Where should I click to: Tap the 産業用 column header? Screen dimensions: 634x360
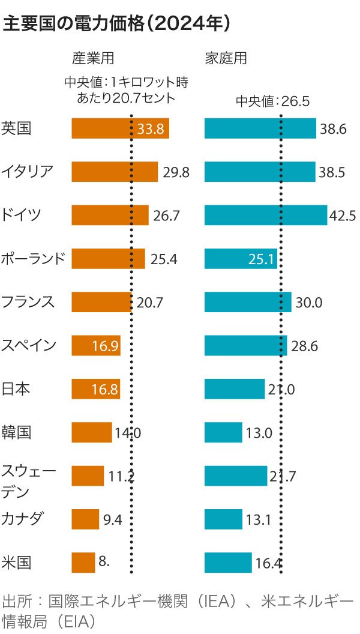click(92, 59)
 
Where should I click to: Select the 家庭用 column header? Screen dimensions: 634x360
click(226, 59)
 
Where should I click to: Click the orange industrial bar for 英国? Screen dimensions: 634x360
click(120, 128)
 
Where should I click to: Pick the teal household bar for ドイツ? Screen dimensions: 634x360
click(266, 215)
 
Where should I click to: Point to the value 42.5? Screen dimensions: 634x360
click(343, 216)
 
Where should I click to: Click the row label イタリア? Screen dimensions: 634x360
click(28, 172)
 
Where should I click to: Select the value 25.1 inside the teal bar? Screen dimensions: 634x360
click(261, 259)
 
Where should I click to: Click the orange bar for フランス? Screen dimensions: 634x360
click(101, 302)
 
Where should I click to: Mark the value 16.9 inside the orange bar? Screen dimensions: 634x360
click(106, 346)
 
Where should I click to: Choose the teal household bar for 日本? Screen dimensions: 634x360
click(234, 389)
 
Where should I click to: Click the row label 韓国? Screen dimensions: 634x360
click(16, 432)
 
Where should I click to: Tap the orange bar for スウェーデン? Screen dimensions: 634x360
click(88, 476)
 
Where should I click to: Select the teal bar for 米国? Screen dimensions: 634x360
click(228, 563)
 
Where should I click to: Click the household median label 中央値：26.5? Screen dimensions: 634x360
click(272, 101)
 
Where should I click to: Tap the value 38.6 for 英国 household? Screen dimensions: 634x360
click(333, 129)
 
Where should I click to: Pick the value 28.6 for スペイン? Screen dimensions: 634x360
click(305, 346)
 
